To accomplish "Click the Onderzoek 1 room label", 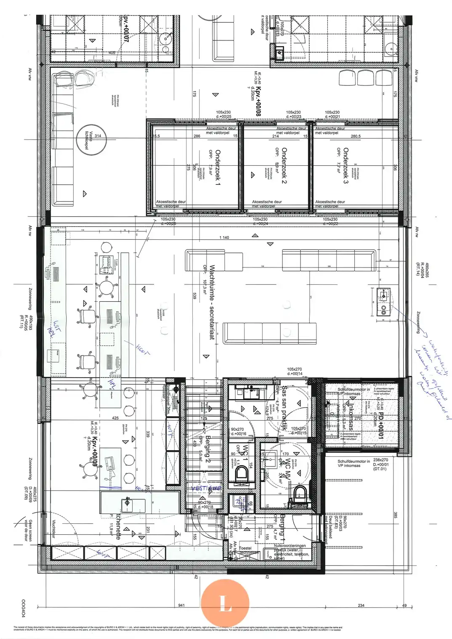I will coord(218,167).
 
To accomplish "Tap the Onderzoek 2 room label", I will coord(284,165).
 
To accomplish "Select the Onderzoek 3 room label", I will coord(346,165).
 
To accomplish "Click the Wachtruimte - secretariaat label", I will coord(212,302).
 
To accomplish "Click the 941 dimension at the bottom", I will coord(181,606).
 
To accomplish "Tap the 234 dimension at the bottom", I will coord(361,606).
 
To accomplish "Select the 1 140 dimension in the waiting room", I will coord(224,238).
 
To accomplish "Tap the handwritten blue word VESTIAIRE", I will coord(206,488).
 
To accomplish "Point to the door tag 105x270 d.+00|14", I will coord(295,371).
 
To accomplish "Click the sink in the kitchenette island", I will coord(127,502).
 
